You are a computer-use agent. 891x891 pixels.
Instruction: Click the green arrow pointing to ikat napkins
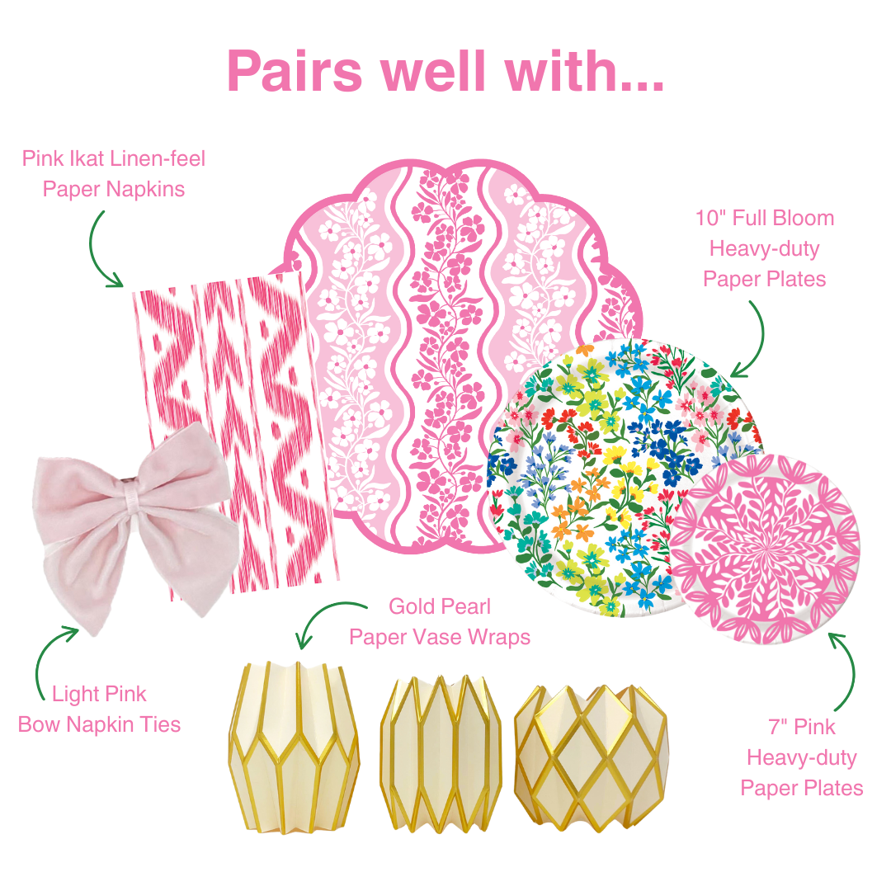[102, 247]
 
